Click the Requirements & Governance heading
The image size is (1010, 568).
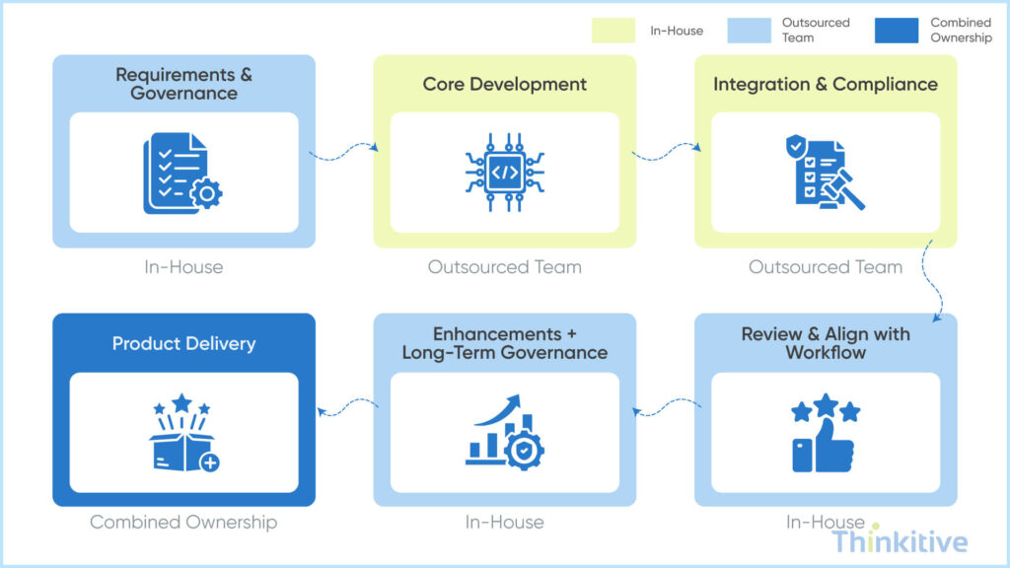(x=183, y=84)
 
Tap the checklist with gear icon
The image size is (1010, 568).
(x=182, y=174)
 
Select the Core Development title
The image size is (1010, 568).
(x=504, y=84)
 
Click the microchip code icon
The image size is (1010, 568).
(x=504, y=173)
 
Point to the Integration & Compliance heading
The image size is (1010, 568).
(x=826, y=84)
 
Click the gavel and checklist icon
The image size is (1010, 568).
(x=826, y=173)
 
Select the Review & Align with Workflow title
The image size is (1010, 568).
(x=826, y=343)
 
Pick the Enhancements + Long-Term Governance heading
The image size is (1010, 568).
(x=504, y=343)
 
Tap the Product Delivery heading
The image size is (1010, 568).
(x=183, y=344)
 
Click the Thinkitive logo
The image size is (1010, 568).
(x=900, y=541)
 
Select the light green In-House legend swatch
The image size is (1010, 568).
(x=613, y=31)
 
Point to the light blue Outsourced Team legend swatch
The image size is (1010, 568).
(x=749, y=31)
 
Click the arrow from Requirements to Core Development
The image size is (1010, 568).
(x=344, y=151)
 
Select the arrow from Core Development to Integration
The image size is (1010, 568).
(x=666, y=151)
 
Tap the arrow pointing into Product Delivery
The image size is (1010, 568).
(x=344, y=408)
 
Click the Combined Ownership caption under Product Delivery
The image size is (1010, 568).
(x=183, y=522)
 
